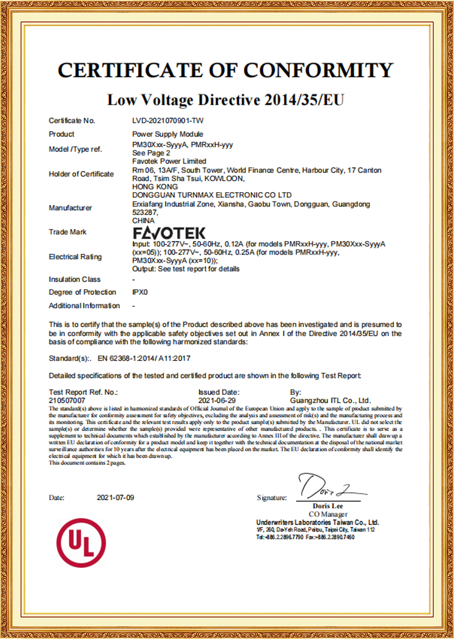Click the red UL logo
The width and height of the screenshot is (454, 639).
(81, 542)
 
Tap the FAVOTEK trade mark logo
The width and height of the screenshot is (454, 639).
(169, 233)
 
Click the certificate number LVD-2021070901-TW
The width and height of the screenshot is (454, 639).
(168, 121)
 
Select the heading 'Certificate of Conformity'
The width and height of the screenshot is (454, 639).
(226, 71)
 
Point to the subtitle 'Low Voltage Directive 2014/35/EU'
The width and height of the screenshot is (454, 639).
(226, 100)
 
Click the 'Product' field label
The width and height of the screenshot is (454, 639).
(61, 134)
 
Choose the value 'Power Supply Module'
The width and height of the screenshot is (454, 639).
(167, 134)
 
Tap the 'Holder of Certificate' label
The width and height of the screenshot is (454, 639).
(81, 174)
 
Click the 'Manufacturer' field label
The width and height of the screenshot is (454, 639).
(70, 208)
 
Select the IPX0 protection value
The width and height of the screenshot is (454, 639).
(140, 292)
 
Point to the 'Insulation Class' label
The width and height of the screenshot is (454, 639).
(74, 279)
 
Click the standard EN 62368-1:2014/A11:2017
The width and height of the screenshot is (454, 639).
(144, 358)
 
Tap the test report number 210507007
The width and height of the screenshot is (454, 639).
(67, 400)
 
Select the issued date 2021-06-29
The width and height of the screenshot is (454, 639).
(217, 400)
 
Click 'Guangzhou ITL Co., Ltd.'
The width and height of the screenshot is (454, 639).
(330, 400)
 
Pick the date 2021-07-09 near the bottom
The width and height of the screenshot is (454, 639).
(115, 497)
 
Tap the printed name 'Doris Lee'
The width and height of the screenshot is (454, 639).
(327, 506)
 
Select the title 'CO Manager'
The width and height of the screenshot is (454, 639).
(328, 514)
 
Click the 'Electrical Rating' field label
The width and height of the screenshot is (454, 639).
(75, 257)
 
